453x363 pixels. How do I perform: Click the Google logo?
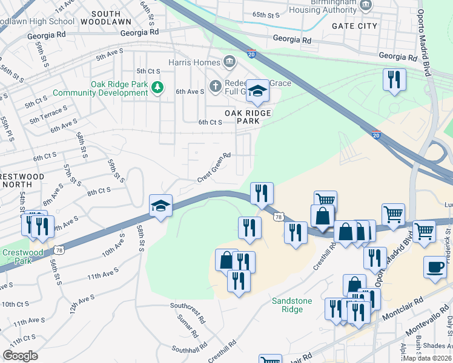(x=20, y=356)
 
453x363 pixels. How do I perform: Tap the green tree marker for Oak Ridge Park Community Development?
(x=157, y=88)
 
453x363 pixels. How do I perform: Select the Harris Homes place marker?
(x=230, y=60)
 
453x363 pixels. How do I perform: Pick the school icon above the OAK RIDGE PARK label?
(x=257, y=92)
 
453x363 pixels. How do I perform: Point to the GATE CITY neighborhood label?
(x=354, y=26)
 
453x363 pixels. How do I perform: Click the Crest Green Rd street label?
(x=214, y=168)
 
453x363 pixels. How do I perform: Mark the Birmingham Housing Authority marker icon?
(x=365, y=5)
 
